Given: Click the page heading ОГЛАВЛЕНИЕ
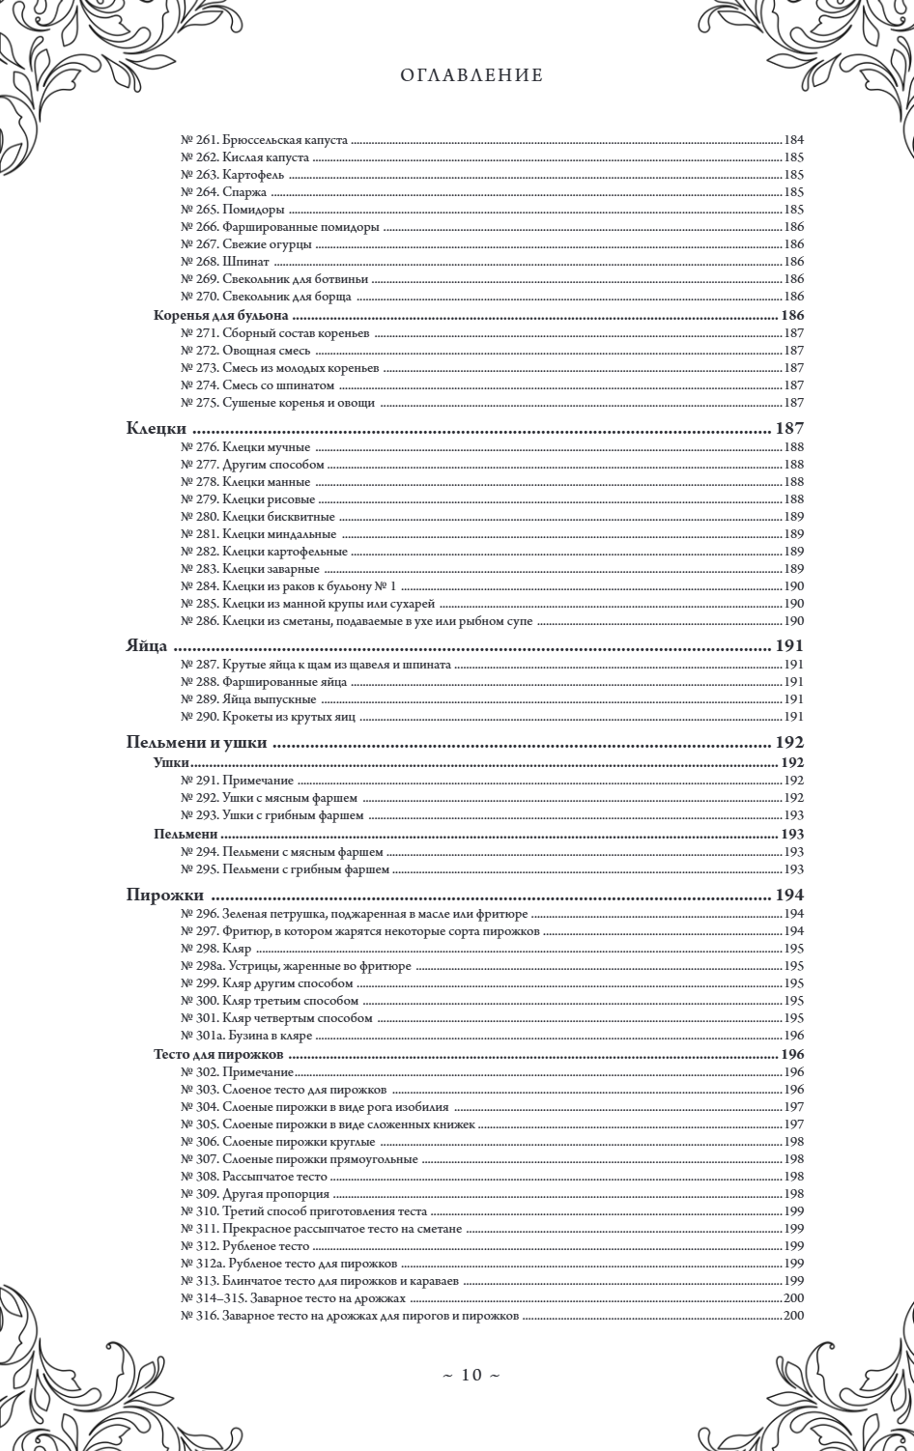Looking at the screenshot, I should point(471,75).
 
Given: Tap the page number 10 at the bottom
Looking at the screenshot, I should point(471,1375).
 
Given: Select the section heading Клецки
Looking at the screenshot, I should point(157,429).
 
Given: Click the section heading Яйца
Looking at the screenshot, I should point(147,646).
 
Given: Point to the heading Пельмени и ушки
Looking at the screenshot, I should point(196,743).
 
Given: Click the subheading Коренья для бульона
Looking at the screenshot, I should point(222,316).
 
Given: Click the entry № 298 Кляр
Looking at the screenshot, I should point(216,949).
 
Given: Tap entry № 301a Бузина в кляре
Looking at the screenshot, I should point(247,1036).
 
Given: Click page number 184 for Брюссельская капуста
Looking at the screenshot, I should point(794,140).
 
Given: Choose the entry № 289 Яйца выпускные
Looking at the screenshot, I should point(248,699).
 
